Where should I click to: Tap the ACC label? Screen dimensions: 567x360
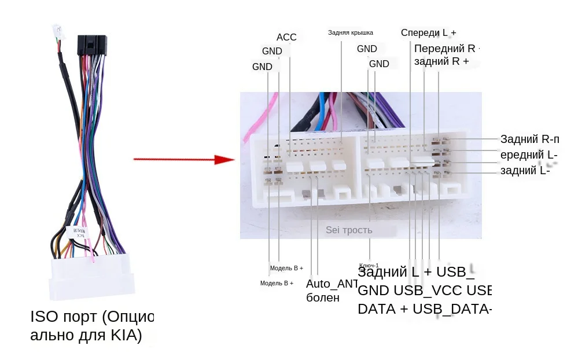tap(286, 38)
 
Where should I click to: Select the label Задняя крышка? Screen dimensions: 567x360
tap(351, 32)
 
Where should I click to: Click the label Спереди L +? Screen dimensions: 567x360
tap(428, 32)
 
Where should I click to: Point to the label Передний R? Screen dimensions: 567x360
tap(444, 48)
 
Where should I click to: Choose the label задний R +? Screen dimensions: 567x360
tap(441, 61)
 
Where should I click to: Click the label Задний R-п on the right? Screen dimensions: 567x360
tap(530, 139)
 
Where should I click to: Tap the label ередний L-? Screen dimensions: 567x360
tap(529, 155)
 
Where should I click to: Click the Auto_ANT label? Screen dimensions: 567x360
tap(332, 284)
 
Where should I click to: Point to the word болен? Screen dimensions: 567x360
tap(323, 298)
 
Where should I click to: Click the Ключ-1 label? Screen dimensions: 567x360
tap(369, 265)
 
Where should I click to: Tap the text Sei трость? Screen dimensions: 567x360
tap(349, 230)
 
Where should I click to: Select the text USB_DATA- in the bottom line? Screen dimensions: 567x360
tap(452, 308)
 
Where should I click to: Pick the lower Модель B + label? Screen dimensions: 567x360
tap(277, 283)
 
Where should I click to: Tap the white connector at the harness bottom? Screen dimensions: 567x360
tap(93, 275)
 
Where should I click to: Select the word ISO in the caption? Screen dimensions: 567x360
tap(45, 317)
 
